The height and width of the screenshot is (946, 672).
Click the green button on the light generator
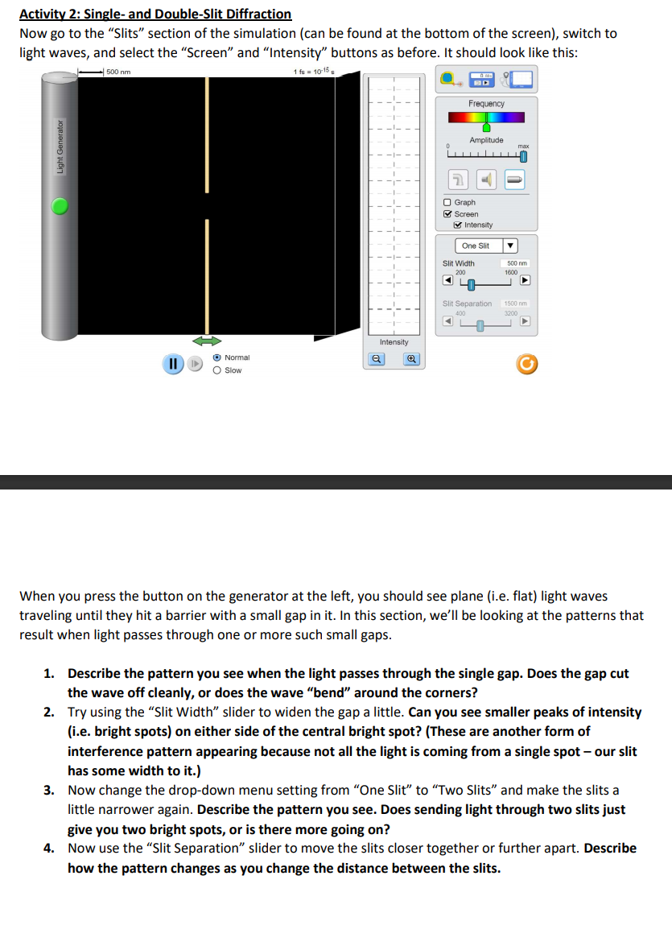60,208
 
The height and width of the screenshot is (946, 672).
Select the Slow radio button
217,370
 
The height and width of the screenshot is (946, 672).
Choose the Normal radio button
217,357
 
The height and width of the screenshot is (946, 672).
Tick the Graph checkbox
447,202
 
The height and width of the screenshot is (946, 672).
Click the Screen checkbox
447,214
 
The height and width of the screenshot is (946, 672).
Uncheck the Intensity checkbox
459,225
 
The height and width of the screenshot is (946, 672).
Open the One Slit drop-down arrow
509,246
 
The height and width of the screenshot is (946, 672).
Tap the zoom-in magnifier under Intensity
412,361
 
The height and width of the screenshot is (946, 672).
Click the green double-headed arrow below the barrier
207,341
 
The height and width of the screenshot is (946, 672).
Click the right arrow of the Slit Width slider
525,282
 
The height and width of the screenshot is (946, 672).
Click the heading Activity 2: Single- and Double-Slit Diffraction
155,14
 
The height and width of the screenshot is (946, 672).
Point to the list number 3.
49,791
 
